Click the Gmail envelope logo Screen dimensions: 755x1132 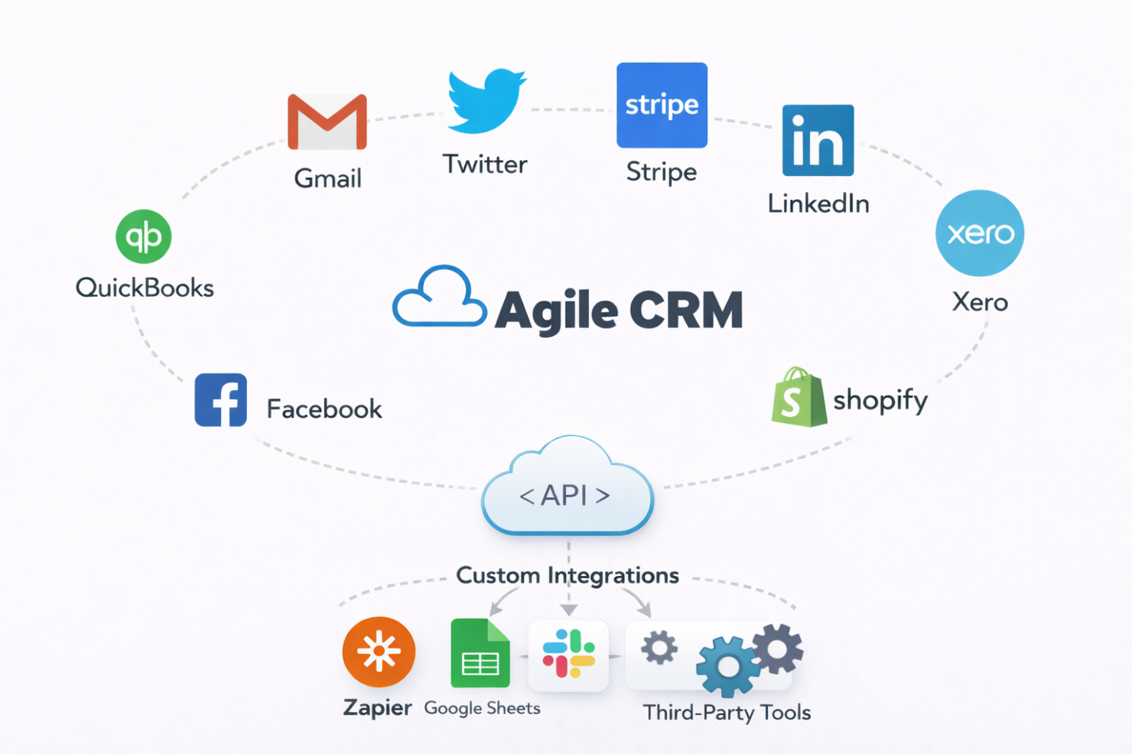click(x=327, y=122)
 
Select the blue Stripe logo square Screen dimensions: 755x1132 click(x=662, y=106)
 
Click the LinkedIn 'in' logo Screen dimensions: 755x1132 click(x=818, y=141)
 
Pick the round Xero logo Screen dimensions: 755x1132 click(x=980, y=233)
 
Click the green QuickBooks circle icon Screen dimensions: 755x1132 click(x=144, y=236)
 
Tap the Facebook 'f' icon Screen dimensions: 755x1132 click(x=221, y=400)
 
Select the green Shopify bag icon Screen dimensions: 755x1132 click(x=799, y=397)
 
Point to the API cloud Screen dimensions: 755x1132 click(x=568, y=490)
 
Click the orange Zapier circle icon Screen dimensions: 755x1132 click(x=379, y=652)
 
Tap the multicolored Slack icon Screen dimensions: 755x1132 click(x=568, y=654)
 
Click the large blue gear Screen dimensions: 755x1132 click(x=727, y=666)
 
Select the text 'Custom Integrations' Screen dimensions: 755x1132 click(x=568, y=575)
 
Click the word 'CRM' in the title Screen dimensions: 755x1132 click(x=686, y=311)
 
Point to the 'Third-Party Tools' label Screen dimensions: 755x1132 click(x=727, y=713)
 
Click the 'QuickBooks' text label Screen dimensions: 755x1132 click(x=145, y=288)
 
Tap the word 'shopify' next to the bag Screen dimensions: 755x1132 click(x=880, y=400)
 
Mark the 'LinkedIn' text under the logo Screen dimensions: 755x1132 click(x=818, y=203)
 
